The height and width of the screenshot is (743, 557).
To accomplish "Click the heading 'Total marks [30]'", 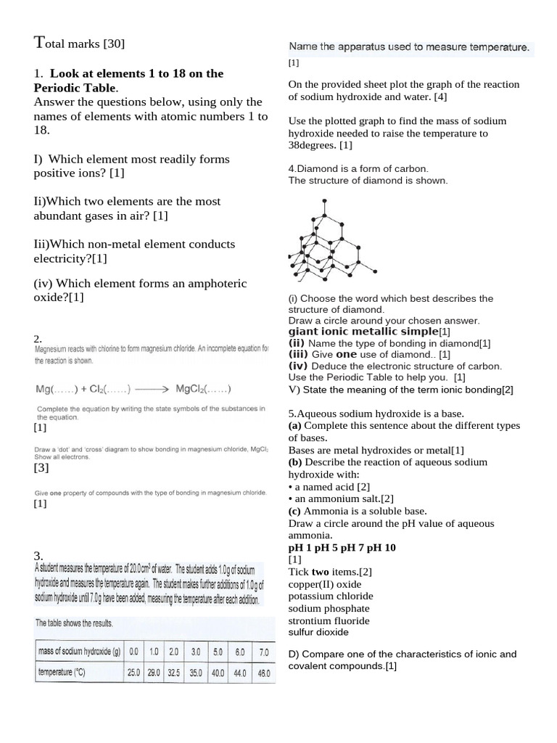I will (x=80, y=44).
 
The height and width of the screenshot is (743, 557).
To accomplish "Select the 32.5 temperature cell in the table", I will (x=173, y=673).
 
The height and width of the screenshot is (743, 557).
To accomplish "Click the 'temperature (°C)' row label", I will (x=62, y=673).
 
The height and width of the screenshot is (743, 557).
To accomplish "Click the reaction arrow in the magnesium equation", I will (x=154, y=389).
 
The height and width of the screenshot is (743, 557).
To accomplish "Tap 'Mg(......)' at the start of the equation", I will (x=59, y=389).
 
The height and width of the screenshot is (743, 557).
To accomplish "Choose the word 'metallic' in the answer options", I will (x=370, y=332).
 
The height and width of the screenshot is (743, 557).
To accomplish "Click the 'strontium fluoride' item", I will (x=329, y=621).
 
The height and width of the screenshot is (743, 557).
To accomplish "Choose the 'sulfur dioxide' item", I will (x=318, y=633).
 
